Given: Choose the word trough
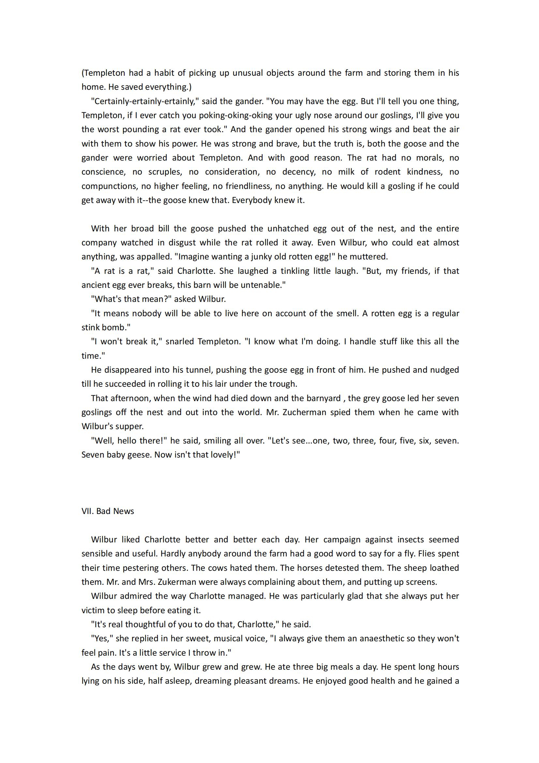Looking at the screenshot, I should pyautogui.click(x=284, y=384).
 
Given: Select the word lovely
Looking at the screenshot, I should pyautogui.click(x=225, y=455).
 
